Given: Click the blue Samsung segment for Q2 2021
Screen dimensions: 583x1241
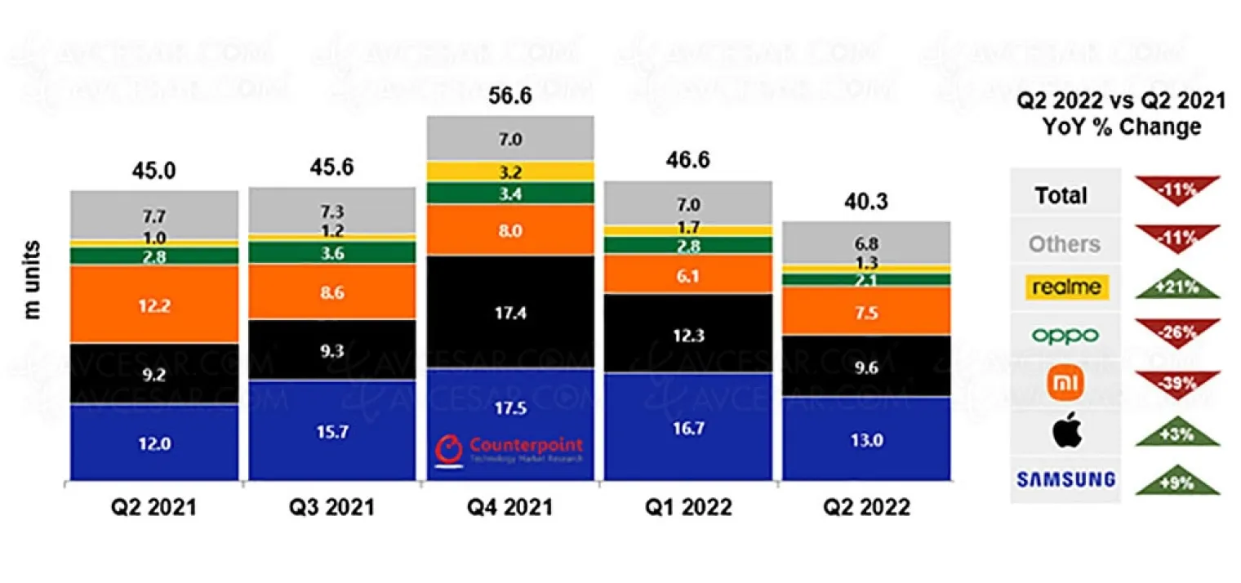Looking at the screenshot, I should tap(154, 443).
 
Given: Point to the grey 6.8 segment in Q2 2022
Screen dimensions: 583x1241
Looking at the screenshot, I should tap(866, 243).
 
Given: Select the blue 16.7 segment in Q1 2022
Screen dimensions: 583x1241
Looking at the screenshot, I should tap(687, 426).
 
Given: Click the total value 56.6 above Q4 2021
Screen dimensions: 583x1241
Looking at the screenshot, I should tap(509, 96).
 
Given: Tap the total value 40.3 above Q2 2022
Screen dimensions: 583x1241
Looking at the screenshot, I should tap(866, 202).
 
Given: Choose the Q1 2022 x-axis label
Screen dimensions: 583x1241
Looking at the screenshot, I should tap(687, 507).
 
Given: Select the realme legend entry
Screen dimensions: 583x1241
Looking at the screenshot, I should tap(1065, 287).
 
